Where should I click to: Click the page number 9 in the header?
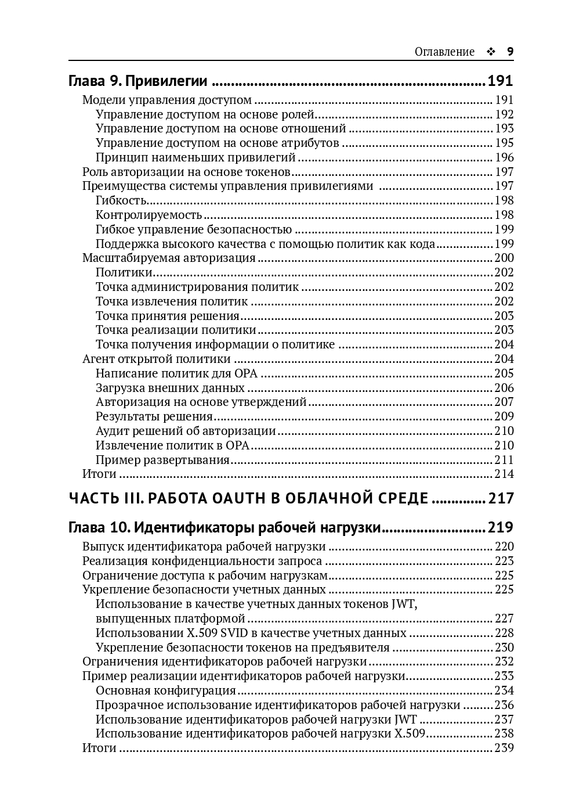pyautogui.click(x=510, y=52)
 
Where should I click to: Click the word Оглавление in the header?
pyautogui.click(x=444, y=52)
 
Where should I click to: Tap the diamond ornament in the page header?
pyautogui.click(x=491, y=52)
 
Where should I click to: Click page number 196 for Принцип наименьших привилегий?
pyautogui.click(x=504, y=157)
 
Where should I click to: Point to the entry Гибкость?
pyautogui.click(x=121, y=200)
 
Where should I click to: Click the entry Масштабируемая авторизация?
pyautogui.click(x=169, y=258)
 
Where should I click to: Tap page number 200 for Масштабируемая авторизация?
pyautogui.click(x=504, y=258)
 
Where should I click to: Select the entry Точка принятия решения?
pyautogui.click(x=168, y=316)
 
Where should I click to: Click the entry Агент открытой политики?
pyautogui.click(x=157, y=359)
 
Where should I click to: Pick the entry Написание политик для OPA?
pyautogui.click(x=176, y=373)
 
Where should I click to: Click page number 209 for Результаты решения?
pyautogui.click(x=504, y=416)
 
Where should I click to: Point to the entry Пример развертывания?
pyautogui.click(x=162, y=460)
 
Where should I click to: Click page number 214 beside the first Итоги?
pyautogui.click(x=504, y=474)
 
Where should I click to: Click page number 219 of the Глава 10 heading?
pyautogui.click(x=500, y=527)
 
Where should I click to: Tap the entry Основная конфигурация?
pyautogui.click(x=166, y=690)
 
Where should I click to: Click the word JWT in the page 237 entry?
pyautogui.click(x=405, y=719)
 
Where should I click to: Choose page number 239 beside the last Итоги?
pyautogui.click(x=504, y=748)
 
